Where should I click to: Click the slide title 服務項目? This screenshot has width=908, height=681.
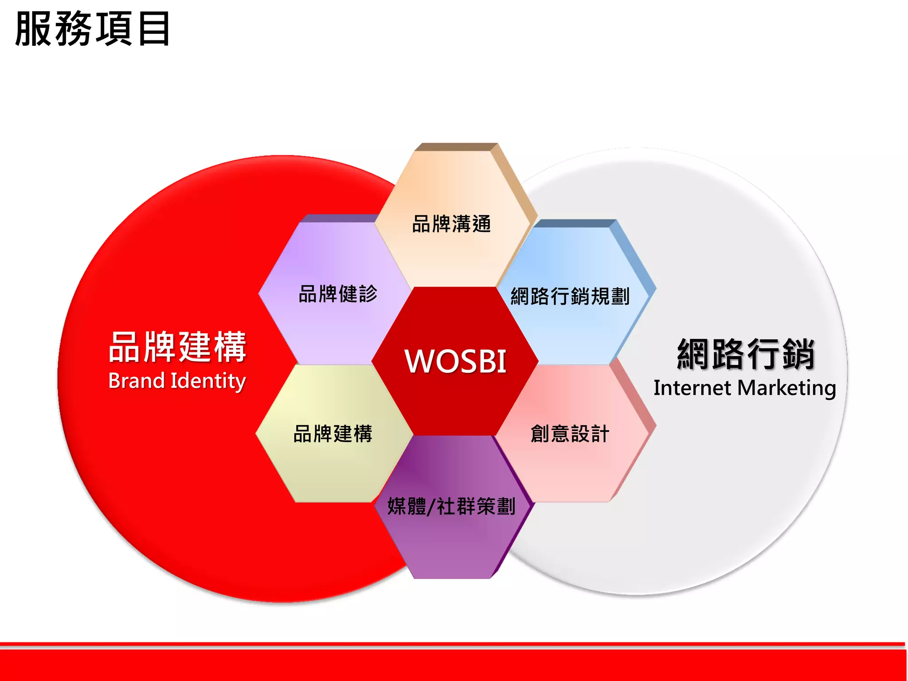(x=92, y=29)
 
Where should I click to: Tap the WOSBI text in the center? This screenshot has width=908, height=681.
(x=455, y=361)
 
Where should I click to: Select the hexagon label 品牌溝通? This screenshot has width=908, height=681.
(x=451, y=224)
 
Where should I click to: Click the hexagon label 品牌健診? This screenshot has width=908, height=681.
(x=338, y=294)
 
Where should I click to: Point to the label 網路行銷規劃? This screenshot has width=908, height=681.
(x=570, y=296)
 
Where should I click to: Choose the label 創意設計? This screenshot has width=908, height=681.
(x=570, y=434)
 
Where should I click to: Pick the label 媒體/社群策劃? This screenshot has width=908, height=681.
(x=451, y=506)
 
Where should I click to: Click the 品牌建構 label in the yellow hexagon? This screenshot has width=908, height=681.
(x=333, y=434)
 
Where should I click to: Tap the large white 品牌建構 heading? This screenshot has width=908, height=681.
(x=177, y=347)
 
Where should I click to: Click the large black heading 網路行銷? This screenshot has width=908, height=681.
(x=746, y=354)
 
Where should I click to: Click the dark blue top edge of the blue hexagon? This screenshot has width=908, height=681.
(x=572, y=223)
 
